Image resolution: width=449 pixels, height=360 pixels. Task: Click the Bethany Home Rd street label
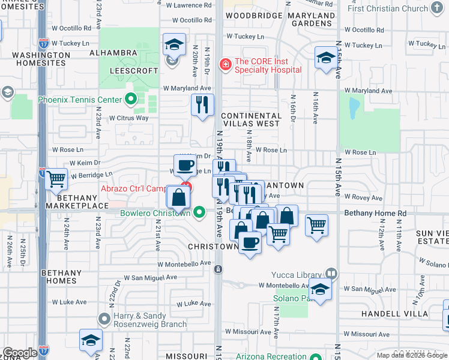pyautogui.click(x=375, y=213)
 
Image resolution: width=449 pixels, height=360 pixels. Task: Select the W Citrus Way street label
pyautogui.click(x=128, y=118)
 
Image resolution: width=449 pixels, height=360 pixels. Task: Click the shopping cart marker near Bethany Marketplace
pyautogui.click(x=56, y=178)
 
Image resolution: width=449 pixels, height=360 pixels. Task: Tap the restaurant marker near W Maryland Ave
pyautogui.click(x=202, y=104)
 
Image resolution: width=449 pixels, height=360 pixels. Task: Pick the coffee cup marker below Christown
pyautogui.click(x=250, y=242)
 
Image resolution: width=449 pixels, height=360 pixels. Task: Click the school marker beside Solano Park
pyautogui.click(x=321, y=290)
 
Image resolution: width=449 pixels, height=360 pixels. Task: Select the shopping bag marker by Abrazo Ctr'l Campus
pyautogui.click(x=178, y=196)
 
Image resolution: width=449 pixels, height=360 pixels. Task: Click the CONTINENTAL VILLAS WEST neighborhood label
pyautogui.click(x=250, y=119)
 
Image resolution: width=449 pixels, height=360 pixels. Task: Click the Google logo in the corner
pyautogui.click(x=20, y=353)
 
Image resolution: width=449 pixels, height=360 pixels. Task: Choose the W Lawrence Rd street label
pyautogui.click(x=189, y=5)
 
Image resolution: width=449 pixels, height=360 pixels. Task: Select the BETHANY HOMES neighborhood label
pyautogui.click(x=61, y=277)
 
